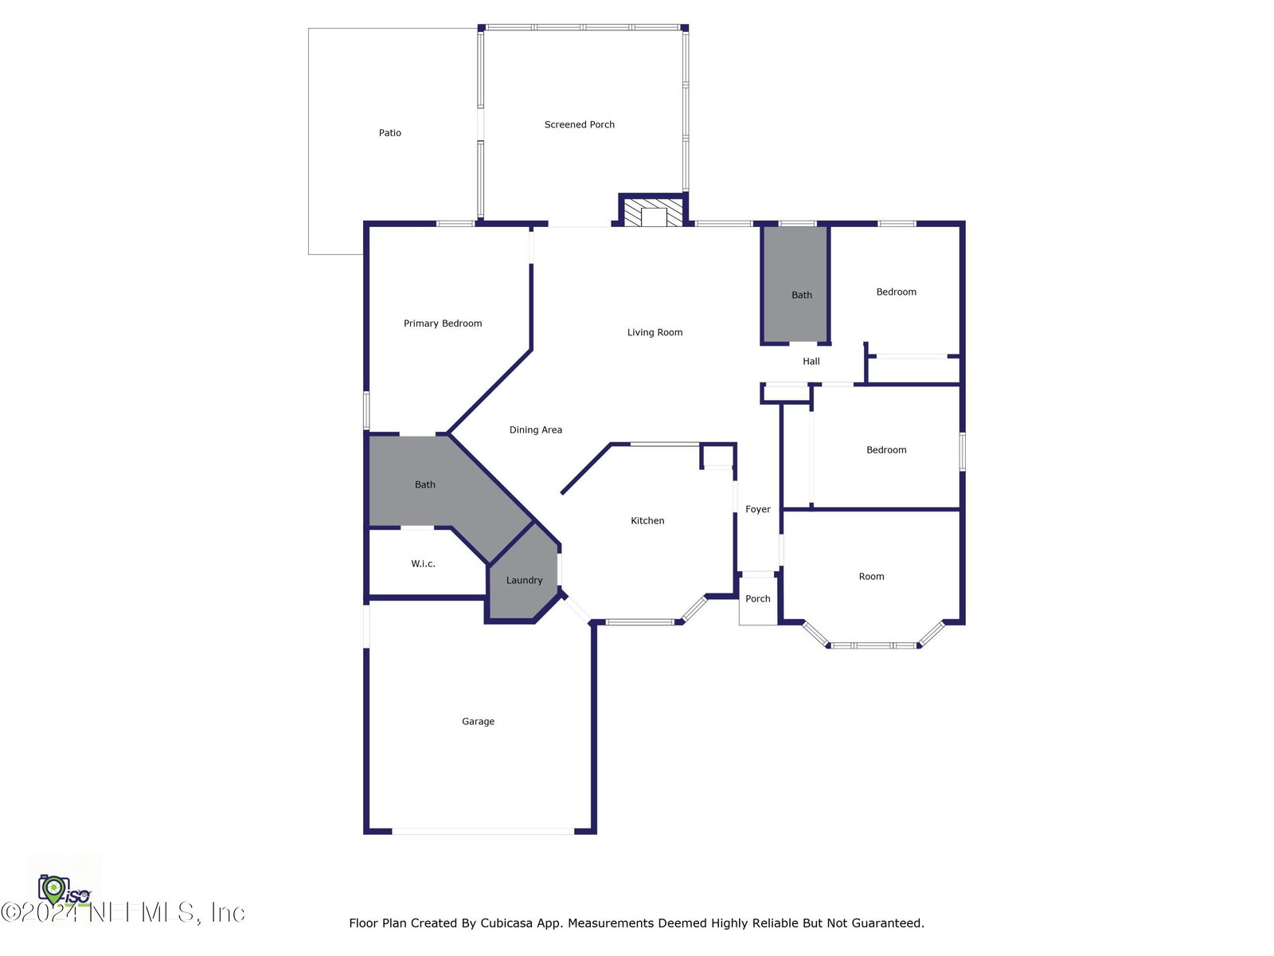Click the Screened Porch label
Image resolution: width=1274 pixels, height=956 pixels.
[x=579, y=124]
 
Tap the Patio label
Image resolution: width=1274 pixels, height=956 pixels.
[x=389, y=132]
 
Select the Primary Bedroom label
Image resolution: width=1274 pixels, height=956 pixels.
[x=442, y=323]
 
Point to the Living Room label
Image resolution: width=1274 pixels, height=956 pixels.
[x=655, y=332]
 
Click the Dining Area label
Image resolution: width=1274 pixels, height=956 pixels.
[x=535, y=429]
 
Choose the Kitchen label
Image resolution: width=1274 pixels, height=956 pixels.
[x=647, y=521]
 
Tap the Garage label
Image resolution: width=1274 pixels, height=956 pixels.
[x=478, y=722]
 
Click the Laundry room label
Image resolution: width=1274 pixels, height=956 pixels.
[x=523, y=580]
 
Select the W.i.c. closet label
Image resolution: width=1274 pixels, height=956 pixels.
[x=423, y=563]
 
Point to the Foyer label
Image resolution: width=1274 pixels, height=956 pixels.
[x=757, y=509]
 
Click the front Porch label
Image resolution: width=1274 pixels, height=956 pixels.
[x=757, y=598]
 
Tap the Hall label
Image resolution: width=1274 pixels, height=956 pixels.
[x=811, y=361]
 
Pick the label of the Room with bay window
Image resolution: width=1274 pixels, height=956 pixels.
[x=871, y=576]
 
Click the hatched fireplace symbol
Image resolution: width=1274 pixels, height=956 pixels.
[x=654, y=213]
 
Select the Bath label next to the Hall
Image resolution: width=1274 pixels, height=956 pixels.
[x=802, y=295]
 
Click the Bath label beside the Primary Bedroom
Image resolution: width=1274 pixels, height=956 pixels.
[x=425, y=484]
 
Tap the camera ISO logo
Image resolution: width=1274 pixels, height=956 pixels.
[x=64, y=890]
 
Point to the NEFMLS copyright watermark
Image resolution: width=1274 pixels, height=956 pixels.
[x=123, y=913]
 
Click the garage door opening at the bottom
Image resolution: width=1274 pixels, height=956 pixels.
[x=483, y=832]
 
